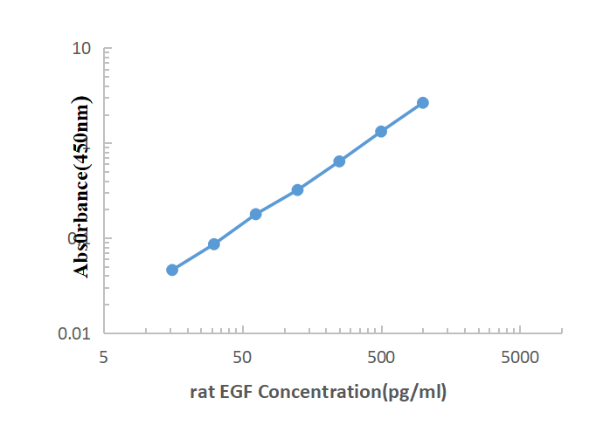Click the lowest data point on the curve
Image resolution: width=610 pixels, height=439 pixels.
172,270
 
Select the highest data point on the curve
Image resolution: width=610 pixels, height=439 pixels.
423,103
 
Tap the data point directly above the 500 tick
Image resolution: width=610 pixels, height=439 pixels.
381,132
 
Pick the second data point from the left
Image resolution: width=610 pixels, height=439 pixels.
214,244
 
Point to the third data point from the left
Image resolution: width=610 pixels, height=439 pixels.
256,214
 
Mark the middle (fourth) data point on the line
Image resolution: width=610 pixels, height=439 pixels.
297,189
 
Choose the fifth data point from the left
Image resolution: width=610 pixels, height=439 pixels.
339,161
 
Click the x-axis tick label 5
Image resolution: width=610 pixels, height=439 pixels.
104,357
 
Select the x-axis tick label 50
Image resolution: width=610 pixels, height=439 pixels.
243,357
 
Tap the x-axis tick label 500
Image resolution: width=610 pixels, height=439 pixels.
381,357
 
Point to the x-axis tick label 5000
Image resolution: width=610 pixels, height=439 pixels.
520,357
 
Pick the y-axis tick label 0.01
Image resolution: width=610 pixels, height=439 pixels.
76,333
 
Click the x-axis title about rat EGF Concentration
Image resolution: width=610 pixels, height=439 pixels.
318,392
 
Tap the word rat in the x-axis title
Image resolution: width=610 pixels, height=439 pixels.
202,392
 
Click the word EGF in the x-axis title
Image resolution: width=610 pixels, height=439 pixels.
236,392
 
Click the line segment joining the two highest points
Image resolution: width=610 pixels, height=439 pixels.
402,117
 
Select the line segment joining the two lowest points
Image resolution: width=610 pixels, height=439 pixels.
193,257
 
